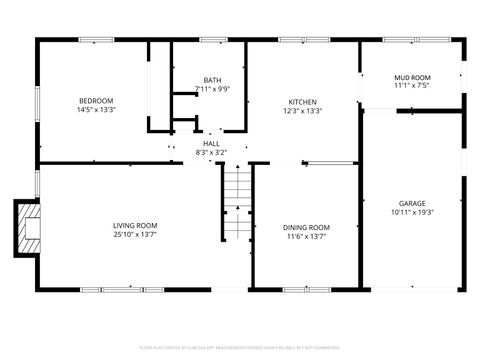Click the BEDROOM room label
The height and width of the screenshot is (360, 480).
click(96, 100)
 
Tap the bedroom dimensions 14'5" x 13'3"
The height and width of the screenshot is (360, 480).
click(96, 109)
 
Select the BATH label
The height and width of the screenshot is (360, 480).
click(212, 80)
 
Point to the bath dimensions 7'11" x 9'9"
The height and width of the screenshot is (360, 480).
click(212, 88)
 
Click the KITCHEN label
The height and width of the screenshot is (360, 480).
click(303, 102)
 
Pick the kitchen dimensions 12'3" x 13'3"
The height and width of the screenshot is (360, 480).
click(303, 111)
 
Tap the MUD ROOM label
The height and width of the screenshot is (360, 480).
click(412, 76)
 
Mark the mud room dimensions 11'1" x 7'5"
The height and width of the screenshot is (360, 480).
click(412, 85)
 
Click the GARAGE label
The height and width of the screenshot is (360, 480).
click(412, 203)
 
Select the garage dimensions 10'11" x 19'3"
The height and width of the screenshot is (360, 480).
click(412, 212)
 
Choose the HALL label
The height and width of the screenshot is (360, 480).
click(211, 144)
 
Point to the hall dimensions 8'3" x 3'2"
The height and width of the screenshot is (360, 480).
click(211, 152)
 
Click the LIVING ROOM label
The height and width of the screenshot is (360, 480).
click(135, 225)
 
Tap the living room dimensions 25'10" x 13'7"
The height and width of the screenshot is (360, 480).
click(135, 234)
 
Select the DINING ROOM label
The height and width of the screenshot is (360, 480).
click(305, 227)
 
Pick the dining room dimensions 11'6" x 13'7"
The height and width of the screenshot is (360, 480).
click(305, 236)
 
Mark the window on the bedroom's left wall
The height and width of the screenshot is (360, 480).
click(37, 100)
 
